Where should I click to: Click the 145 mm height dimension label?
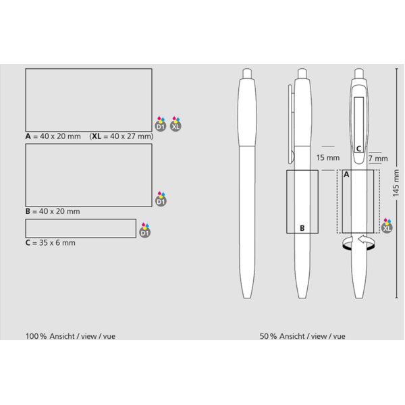click(396, 183)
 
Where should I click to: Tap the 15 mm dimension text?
click(328, 157)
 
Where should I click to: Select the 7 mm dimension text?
click(378, 159)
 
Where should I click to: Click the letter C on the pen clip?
click(358, 148)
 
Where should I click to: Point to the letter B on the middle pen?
click(302, 228)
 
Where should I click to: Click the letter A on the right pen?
click(346, 175)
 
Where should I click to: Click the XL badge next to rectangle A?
click(175, 124)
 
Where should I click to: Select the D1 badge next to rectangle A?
click(161, 124)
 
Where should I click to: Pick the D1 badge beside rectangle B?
click(161, 199)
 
